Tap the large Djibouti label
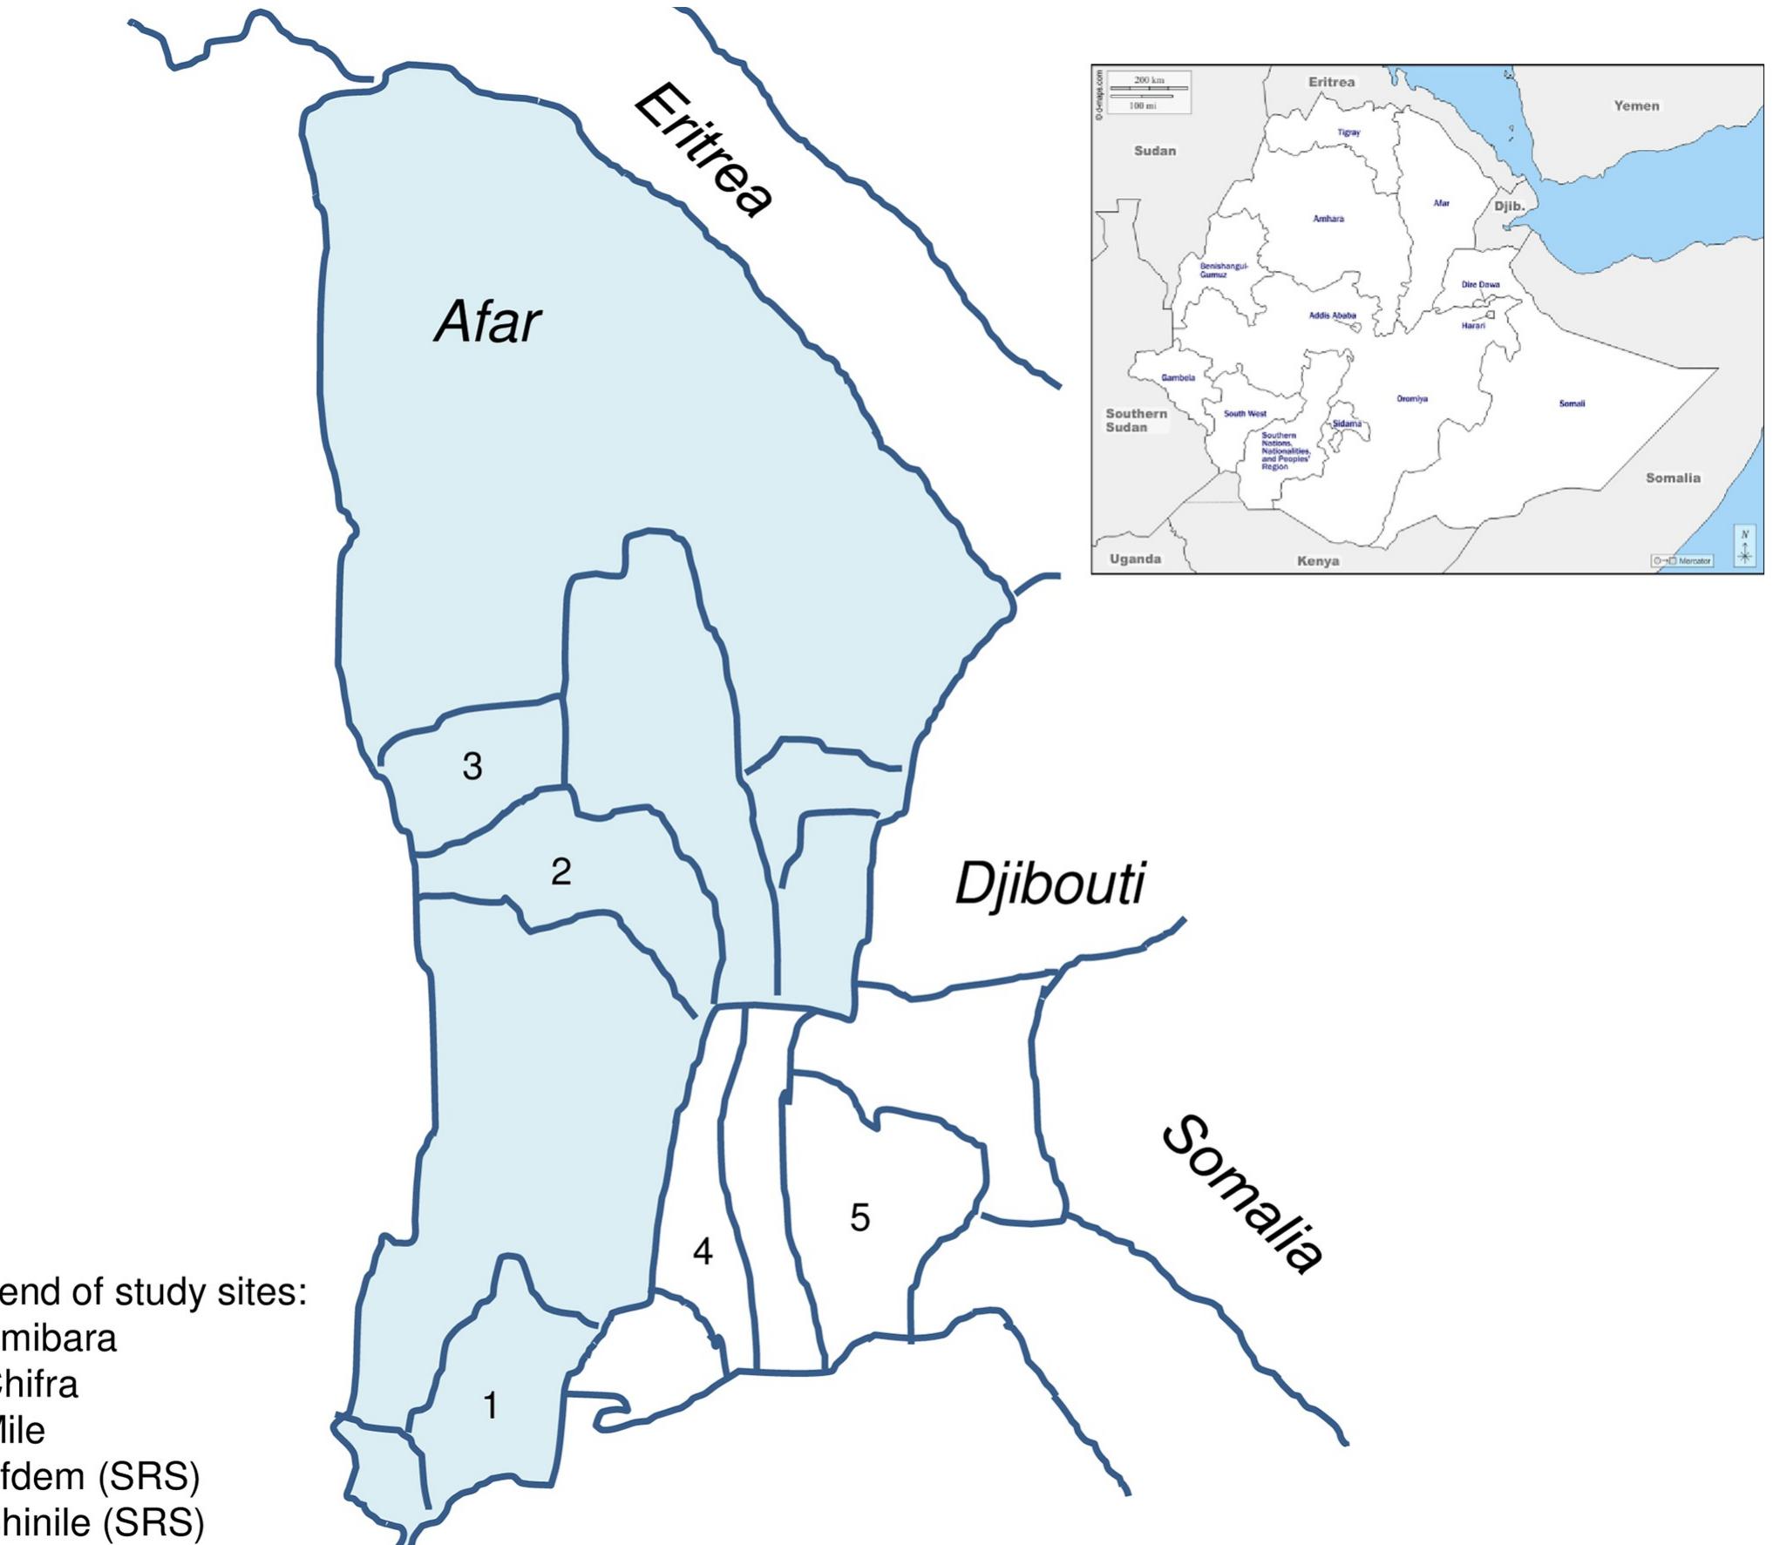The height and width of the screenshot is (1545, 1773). (1049, 884)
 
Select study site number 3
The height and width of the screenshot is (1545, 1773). (472, 766)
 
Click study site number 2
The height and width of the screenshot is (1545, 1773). (560, 871)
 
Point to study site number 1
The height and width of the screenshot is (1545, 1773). (491, 1405)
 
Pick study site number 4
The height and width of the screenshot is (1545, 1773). (703, 1252)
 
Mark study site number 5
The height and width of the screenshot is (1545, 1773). (859, 1217)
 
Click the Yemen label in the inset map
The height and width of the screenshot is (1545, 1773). (1636, 106)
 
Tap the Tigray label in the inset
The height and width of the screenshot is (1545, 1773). (1348, 132)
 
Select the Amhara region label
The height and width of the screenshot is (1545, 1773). (1328, 219)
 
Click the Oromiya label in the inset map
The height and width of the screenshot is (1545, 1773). (1412, 399)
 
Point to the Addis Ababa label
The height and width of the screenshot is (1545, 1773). (1332, 315)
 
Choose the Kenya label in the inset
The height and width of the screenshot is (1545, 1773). (1317, 560)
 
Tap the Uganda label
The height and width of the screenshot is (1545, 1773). (1135, 559)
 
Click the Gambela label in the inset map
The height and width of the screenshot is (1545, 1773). (1178, 377)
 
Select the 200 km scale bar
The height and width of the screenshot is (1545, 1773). (1148, 88)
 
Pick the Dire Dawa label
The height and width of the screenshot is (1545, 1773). (1480, 284)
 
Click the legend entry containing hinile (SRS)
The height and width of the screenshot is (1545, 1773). (102, 1522)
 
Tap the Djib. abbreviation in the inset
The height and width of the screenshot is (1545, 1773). (1509, 207)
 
